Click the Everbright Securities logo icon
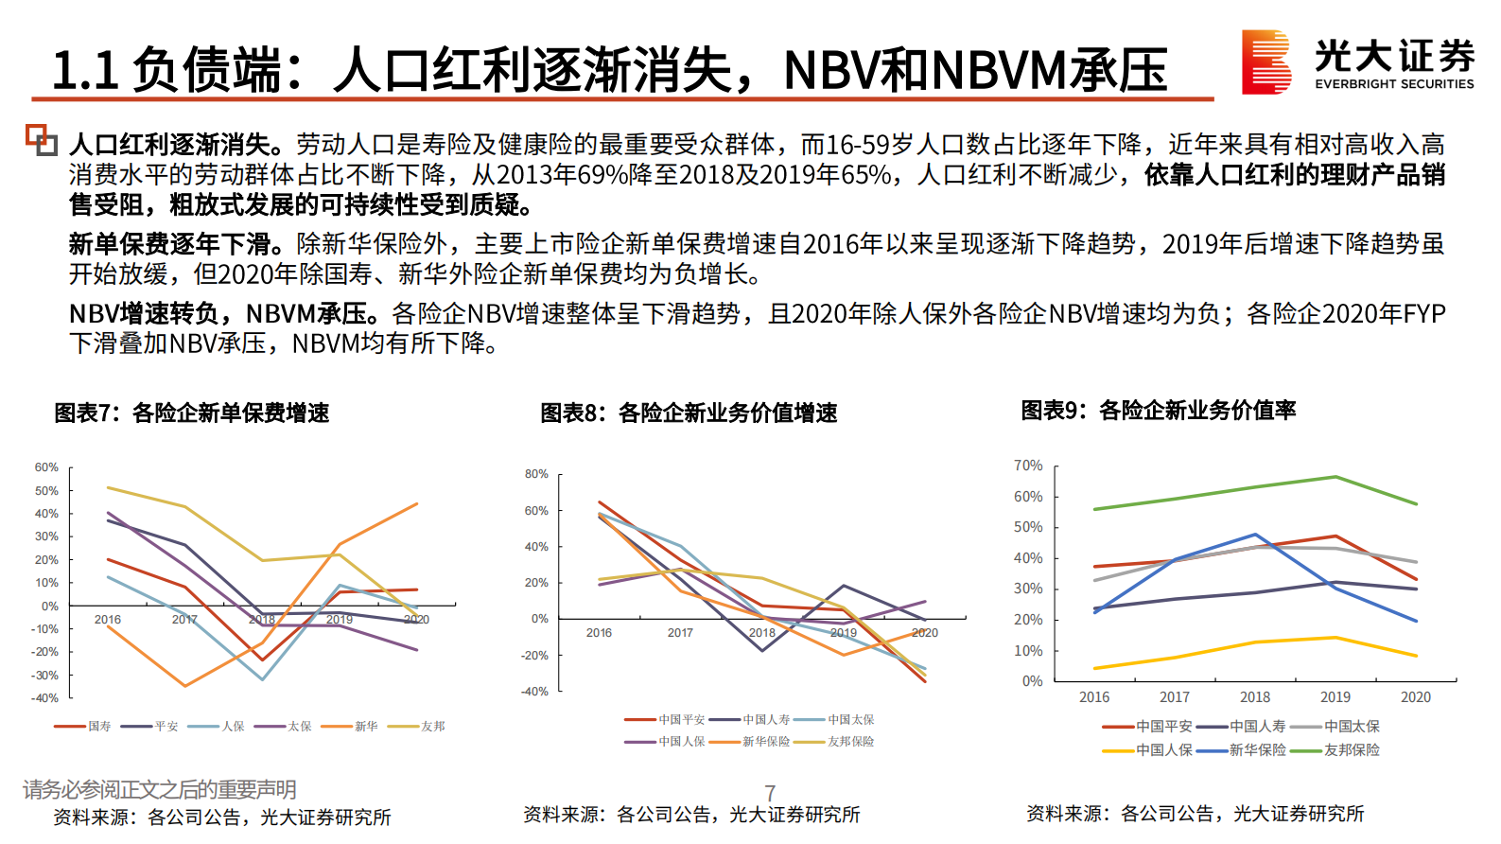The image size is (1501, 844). point(1265,62)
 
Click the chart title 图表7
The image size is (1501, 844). point(191,413)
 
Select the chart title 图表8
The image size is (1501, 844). point(689,413)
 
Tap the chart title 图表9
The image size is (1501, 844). point(1158,411)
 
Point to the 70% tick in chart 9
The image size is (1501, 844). point(1028,466)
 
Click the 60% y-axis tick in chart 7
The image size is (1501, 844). point(46,467)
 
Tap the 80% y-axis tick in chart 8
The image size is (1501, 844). point(536,474)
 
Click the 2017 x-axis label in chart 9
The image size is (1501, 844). point(1175,697)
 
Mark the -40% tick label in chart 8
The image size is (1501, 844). point(534,692)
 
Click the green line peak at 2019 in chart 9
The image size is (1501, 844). point(1335,477)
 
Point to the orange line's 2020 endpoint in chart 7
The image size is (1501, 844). point(417,504)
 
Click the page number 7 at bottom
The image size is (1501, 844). point(770,793)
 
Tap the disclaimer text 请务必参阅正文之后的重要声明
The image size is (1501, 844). point(160,789)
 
